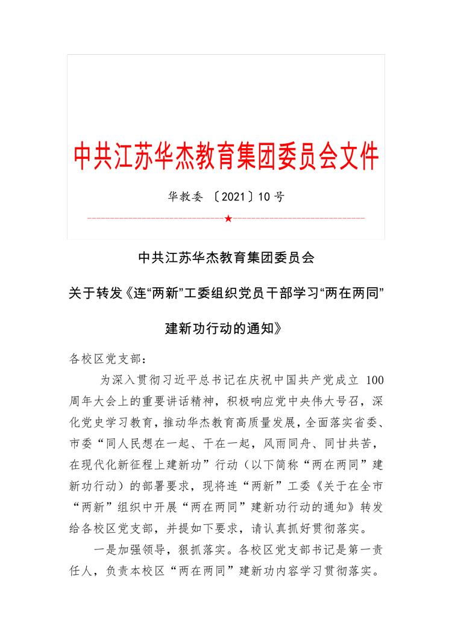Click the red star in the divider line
point(228,217)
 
